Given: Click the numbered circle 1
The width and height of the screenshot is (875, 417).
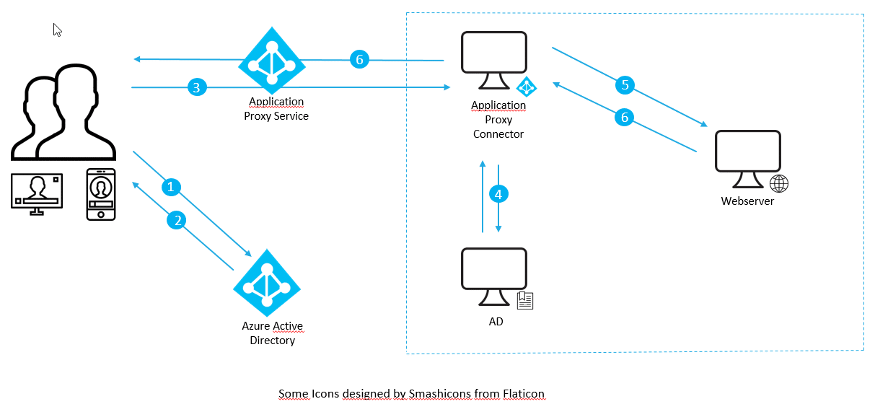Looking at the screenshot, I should point(171,188).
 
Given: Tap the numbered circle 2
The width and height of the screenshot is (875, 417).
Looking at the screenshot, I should point(177,220).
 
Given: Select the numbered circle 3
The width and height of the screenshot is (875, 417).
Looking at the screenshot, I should point(197,88).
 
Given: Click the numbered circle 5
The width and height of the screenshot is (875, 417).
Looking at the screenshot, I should point(625,85).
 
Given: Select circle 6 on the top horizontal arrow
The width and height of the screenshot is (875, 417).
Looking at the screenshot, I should point(359,60).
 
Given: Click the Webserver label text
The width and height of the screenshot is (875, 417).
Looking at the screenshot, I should point(747,201).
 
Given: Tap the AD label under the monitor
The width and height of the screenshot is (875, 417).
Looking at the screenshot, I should point(496,322).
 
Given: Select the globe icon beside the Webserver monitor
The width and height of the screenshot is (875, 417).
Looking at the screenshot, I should point(779,183).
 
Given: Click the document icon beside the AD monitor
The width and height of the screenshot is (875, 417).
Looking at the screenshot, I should point(525,301).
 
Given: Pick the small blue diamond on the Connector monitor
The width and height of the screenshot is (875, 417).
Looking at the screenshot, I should point(527,87).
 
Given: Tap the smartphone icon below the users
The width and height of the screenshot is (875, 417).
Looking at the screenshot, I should point(101,194).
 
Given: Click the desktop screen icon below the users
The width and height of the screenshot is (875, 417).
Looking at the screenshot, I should point(36,193).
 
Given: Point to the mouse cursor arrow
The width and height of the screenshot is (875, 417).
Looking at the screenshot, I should point(57,30).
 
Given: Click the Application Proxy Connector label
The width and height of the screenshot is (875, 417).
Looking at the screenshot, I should point(498,120).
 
